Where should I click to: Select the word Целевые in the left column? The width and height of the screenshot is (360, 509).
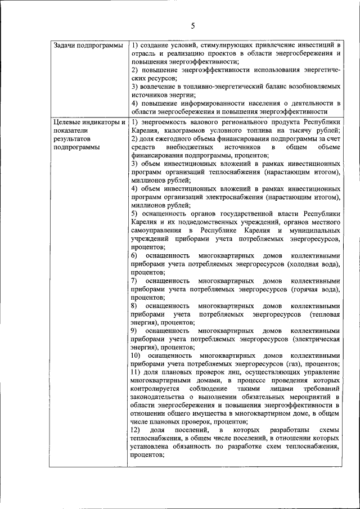coord(66,122)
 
